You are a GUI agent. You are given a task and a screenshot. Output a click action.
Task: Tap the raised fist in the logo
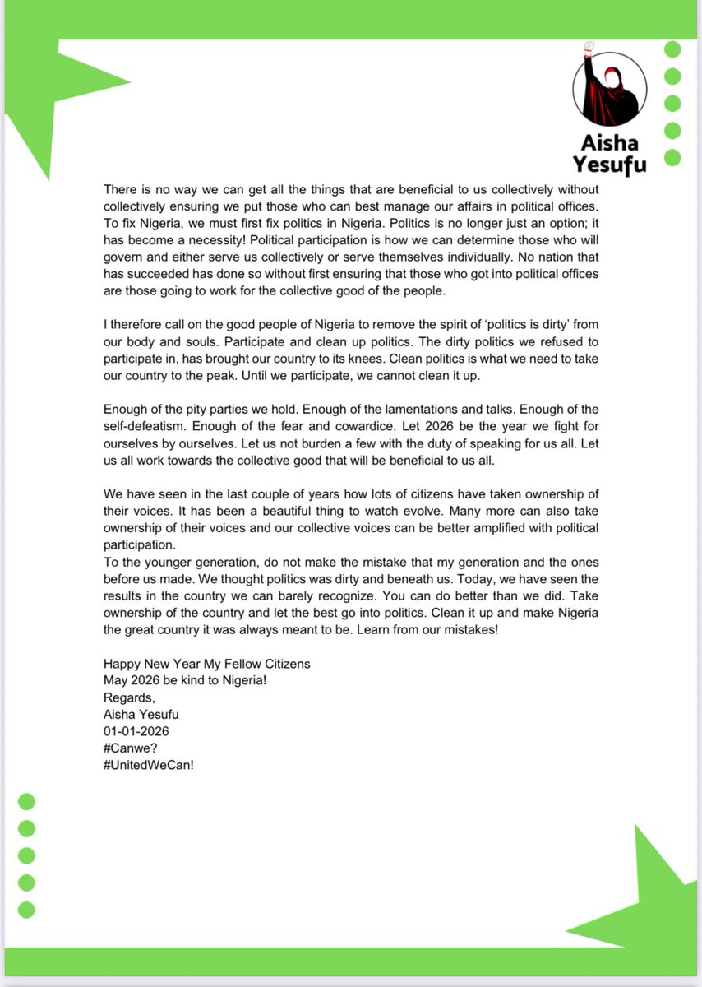click(x=589, y=48)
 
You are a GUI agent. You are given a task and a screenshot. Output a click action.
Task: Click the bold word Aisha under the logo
click(x=609, y=143)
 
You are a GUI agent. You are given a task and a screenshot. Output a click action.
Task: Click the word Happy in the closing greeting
click(x=122, y=664)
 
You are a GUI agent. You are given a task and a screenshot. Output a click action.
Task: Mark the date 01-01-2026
click(x=136, y=730)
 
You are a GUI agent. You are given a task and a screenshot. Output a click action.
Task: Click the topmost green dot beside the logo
click(x=672, y=49)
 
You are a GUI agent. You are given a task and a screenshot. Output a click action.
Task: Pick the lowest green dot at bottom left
click(x=27, y=909)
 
